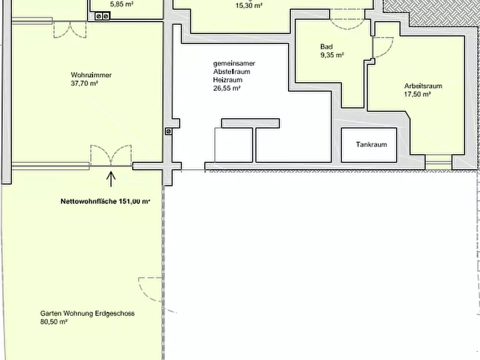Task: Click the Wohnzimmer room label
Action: pyautogui.click(x=91, y=75)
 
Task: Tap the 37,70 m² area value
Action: pyautogui.click(x=84, y=83)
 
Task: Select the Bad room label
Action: pyautogui.click(x=326, y=47)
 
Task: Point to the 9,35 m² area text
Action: pyautogui.click(x=332, y=55)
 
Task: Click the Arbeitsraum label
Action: pyautogui.click(x=423, y=86)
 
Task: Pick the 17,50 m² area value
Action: pyautogui.click(x=418, y=94)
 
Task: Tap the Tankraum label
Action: pyautogui.click(x=371, y=145)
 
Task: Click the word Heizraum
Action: pyautogui.click(x=228, y=80)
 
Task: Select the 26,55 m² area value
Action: pyautogui.click(x=227, y=89)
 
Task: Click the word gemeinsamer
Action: pyautogui.click(x=234, y=64)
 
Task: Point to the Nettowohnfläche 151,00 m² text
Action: pyautogui.click(x=105, y=201)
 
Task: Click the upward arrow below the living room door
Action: pyautogui.click(x=111, y=179)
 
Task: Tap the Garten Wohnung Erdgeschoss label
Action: pyautogui.click(x=87, y=313)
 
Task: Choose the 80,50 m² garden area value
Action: pyautogui.click(x=54, y=322)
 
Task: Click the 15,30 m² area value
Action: pyautogui.click(x=249, y=5)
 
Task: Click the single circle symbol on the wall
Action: pyautogui.click(x=168, y=131)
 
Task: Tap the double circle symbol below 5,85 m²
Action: pyautogui.click(x=102, y=16)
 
